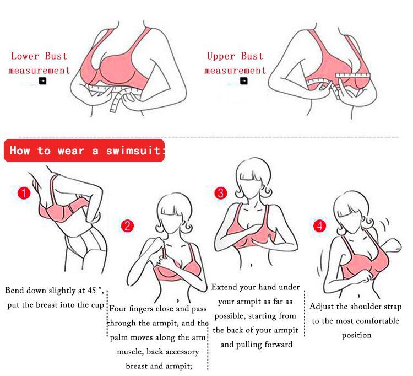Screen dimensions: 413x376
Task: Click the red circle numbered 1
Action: tap(24, 193)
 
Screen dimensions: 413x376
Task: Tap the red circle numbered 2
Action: tap(128, 226)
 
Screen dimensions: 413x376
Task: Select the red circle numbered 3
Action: tap(221, 193)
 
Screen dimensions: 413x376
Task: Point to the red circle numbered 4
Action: tap(320, 225)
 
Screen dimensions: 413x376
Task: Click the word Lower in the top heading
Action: tap(25, 56)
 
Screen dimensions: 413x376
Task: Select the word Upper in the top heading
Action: tap(221, 56)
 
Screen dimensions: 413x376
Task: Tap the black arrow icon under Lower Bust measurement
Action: tap(42, 80)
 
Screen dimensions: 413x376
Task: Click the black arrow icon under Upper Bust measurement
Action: tap(244, 80)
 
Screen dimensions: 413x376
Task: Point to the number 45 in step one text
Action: tap(91, 291)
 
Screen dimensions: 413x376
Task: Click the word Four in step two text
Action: tap(118, 309)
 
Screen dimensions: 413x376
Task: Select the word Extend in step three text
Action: tap(225, 287)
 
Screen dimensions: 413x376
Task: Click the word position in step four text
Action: tap(357, 336)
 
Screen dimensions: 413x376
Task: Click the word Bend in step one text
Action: tap(14, 291)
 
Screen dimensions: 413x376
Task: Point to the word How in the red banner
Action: tap(20, 151)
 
